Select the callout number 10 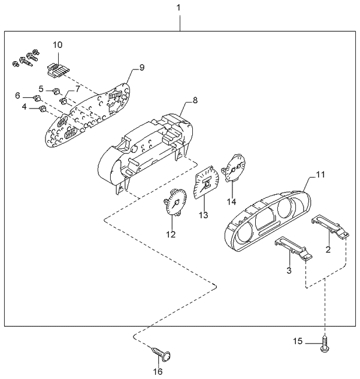pyautogui.click(x=58, y=45)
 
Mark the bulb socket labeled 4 pyautogui.click(x=43, y=109)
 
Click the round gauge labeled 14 pyautogui.click(x=234, y=167)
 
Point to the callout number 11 pyautogui.click(x=320, y=175)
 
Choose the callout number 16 pyautogui.click(x=159, y=372)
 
